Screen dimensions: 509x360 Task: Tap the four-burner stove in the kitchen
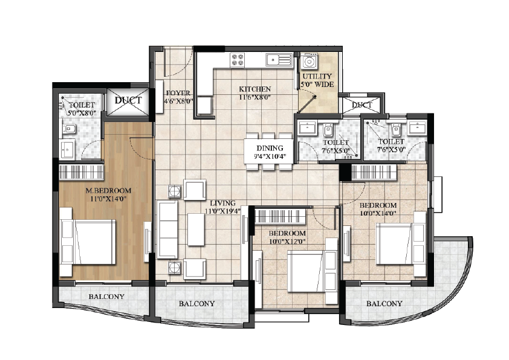(x=238, y=60)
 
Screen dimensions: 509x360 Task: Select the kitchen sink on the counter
(x=279, y=60)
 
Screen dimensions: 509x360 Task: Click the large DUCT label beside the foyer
(x=128, y=100)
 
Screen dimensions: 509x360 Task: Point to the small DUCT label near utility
(x=361, y=104)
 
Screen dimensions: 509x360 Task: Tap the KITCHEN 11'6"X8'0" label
(x=255, y=93)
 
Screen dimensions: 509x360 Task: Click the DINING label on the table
(x=270, y=148)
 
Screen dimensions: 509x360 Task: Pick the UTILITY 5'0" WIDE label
(x=317, y=80)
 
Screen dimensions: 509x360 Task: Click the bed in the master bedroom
(x=88, y=242)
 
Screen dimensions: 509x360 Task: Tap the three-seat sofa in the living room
(x=167, y=230)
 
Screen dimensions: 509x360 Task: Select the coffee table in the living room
(x=196, y=230)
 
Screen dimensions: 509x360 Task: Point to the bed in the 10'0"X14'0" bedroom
(x=401, y=243)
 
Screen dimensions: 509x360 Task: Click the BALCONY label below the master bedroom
(x=106, y=297)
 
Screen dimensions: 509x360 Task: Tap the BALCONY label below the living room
(x=196, y=304)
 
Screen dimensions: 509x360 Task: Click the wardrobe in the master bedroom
(x=81, y=172)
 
